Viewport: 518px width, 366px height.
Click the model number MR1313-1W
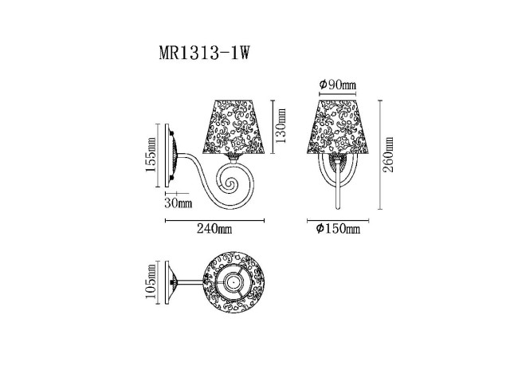click(x=205, y=56)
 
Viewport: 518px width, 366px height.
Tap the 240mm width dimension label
click(x=214, y=230)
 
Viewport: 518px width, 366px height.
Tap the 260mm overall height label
click(x=389, y=155)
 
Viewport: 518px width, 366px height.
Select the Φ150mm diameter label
click(x=338, y=230)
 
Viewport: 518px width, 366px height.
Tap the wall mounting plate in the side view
click(x=169, y=155)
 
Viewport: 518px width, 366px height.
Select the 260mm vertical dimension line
click(x=379, y=155)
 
